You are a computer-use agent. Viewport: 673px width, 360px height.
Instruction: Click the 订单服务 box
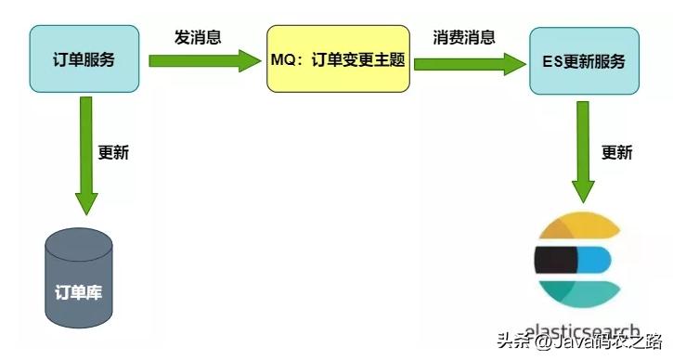pos(84,59)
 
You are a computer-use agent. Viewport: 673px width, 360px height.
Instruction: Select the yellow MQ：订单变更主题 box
pos(338,60)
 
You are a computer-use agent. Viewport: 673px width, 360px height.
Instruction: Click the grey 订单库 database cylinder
pos(79,277)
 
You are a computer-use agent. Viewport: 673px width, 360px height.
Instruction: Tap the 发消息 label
pos(197,38)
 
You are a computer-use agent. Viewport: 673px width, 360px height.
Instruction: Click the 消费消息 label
pos(464,38)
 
